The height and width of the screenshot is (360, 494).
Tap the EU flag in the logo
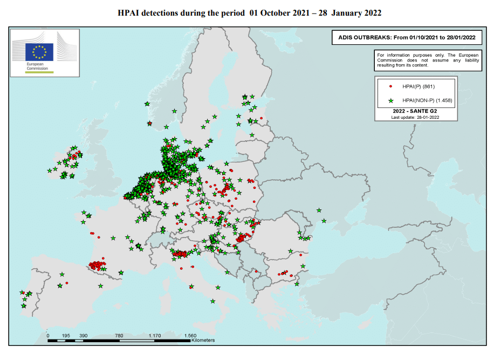coord(40,52)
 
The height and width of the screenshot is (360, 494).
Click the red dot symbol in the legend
coord(390,86)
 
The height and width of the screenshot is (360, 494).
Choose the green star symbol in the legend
coord(390,100)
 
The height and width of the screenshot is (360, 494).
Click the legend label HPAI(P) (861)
coord(418,86)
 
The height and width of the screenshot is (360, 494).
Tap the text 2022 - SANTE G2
coord(415,111)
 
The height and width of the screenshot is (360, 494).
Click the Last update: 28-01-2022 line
coord(415,117)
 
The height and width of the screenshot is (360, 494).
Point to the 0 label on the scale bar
coord(48,336)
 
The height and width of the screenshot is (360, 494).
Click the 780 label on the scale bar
coord(119,336)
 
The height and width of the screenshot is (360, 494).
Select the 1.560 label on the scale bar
coord(190,336)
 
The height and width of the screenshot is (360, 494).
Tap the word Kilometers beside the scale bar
coord(203,341)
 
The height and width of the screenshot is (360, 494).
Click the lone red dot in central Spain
coord(67,283)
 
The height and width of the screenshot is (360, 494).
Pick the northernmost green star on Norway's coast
coord(147,104)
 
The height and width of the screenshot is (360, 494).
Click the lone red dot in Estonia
coord(262,118)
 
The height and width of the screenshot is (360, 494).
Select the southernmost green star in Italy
coord(213,301)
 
